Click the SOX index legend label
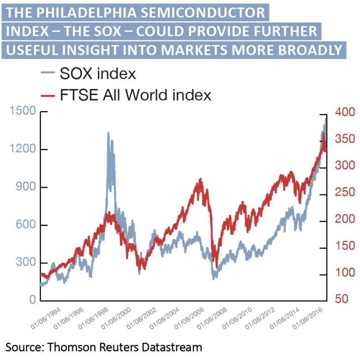(x=97, y=74)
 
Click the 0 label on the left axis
(x=32, y=301)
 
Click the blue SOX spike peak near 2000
(x=108, y=133)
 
